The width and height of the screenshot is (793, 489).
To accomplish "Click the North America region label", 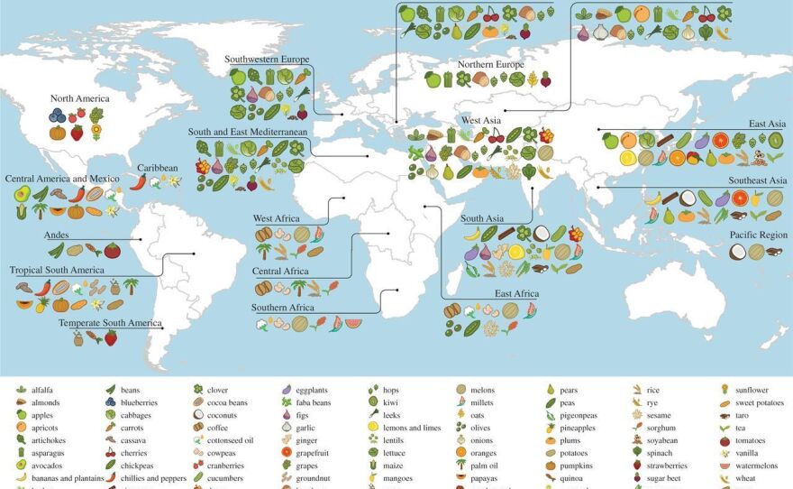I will tap(79, 98).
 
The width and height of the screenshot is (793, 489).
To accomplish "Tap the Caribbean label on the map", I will tap(157, 168).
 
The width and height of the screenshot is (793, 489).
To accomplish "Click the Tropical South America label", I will tap(57, 270).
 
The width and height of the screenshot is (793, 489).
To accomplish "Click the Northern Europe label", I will tap(490, 65).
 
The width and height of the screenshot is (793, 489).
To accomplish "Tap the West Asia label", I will tap(481, 120).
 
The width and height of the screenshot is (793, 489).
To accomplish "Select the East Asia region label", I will tap(767, 124).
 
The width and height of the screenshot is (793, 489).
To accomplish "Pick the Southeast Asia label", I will tap(758, 180).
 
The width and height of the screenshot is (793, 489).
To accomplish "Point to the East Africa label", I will tap(516, 294).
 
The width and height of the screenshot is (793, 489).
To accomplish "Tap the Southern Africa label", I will tap(283, 308).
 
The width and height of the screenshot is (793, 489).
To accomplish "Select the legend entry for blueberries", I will tap(139, 402).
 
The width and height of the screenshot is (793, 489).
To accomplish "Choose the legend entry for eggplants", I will tap(313, 390).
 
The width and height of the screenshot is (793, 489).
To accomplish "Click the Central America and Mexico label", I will tap(61, 179).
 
